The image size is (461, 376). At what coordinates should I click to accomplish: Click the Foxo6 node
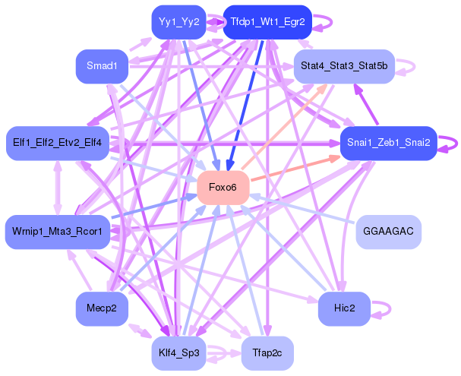tap(223, 188)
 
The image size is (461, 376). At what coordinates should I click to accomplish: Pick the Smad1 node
tap(102, 67)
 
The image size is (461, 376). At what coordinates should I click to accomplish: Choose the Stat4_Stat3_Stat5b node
tap(343, 67)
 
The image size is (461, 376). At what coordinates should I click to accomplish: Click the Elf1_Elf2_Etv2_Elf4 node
tap(58, 143)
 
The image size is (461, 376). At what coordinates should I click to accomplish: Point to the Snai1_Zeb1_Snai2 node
tap(388, 143)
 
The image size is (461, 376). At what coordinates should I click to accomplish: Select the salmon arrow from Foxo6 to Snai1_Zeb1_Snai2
tap(296, 169)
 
